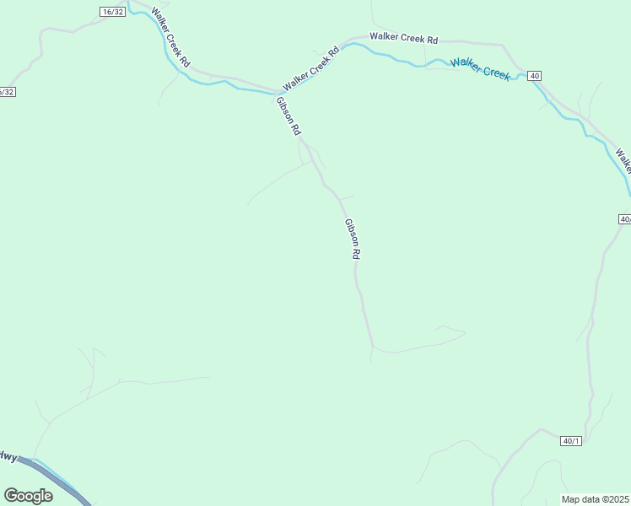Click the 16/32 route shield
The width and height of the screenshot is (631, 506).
(x=111, y=11)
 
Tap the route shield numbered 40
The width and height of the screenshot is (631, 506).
(x=534, y=76)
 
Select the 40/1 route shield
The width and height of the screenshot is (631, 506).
(x=571, y=440)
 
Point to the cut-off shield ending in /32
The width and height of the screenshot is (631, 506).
(x=7, y=91)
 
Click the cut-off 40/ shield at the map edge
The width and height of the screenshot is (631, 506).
(x=624, y=218)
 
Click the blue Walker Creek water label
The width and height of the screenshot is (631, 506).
(x=480, y=68)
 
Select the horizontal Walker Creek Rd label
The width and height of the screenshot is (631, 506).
(x=404, y=38)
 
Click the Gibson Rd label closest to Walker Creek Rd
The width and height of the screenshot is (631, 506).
(x=288, y=116)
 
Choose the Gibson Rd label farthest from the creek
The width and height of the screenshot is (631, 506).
(x=353, y=239)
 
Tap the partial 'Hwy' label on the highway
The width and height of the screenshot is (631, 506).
(x=8, y=456)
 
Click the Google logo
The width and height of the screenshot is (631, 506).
(x=28, y=495)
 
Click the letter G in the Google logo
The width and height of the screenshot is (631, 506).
(x=10, y=495)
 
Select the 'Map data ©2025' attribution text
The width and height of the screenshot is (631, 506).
(x=596, y=499)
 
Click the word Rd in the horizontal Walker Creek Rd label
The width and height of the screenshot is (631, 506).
(x=431, y=40)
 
